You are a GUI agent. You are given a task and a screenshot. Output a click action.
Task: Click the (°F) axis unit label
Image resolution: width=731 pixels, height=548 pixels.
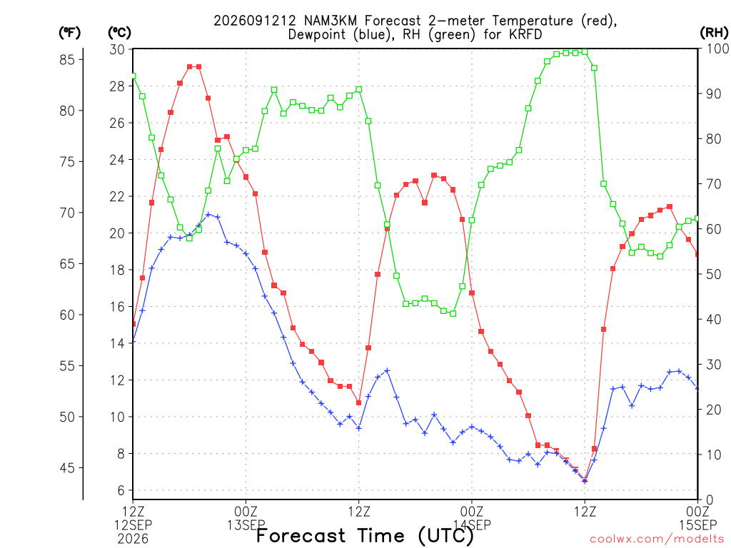(69, 33)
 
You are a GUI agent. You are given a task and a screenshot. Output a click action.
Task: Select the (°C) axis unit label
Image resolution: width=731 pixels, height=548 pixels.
(119, 33)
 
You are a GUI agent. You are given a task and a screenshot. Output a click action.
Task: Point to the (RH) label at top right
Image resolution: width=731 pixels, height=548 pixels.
(714, 33)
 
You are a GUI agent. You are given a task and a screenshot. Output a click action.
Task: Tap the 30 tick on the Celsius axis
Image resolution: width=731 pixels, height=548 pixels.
(117, 49)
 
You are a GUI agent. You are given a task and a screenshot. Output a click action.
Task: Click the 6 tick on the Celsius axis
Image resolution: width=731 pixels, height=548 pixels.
(121, 490)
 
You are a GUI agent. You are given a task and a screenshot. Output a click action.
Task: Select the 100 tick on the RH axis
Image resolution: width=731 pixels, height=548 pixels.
(718, 49)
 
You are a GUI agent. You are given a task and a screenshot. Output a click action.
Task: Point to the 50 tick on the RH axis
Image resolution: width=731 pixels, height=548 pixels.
(714, 275)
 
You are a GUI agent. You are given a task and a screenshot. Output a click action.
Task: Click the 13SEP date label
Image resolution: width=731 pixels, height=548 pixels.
(246, 525)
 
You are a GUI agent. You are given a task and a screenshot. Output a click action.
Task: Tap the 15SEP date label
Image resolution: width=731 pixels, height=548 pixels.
(698, 525)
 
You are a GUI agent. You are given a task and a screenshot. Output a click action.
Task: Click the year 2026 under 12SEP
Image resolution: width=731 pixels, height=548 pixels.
(133, 539)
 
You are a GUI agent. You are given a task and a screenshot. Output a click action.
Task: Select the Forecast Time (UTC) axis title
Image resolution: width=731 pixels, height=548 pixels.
(365, 536)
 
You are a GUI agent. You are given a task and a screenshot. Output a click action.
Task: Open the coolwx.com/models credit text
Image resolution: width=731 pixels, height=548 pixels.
(657, 539)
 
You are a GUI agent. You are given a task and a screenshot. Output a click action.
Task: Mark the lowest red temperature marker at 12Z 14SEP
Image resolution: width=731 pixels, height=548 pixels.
(585, 479)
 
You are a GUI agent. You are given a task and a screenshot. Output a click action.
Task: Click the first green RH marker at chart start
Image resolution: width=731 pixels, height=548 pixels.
(133, 76)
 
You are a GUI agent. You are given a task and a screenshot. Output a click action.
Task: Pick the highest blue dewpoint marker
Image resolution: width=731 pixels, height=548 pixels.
(208, 215)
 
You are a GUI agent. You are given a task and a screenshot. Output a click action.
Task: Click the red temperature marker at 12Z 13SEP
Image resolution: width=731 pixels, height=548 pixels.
(359, 402)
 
